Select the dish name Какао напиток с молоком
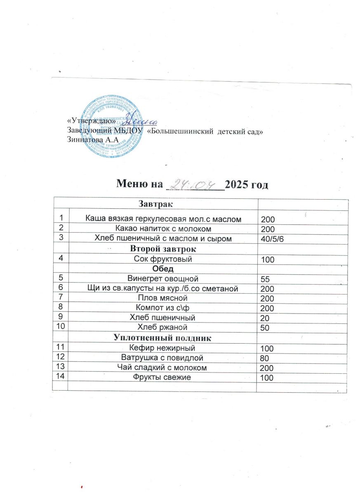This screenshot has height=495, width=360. point(163,228)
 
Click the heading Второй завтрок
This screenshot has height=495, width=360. point(163,249)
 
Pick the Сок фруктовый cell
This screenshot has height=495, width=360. point(163,259)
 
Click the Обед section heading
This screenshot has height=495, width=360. point(163,269)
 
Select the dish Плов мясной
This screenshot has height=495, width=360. point(163,298)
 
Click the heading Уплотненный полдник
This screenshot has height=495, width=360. point(163,338)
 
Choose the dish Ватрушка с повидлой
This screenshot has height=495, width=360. point(163,358)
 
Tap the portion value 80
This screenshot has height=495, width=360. point(264,359)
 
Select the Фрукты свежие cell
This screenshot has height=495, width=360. point(163,377)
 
